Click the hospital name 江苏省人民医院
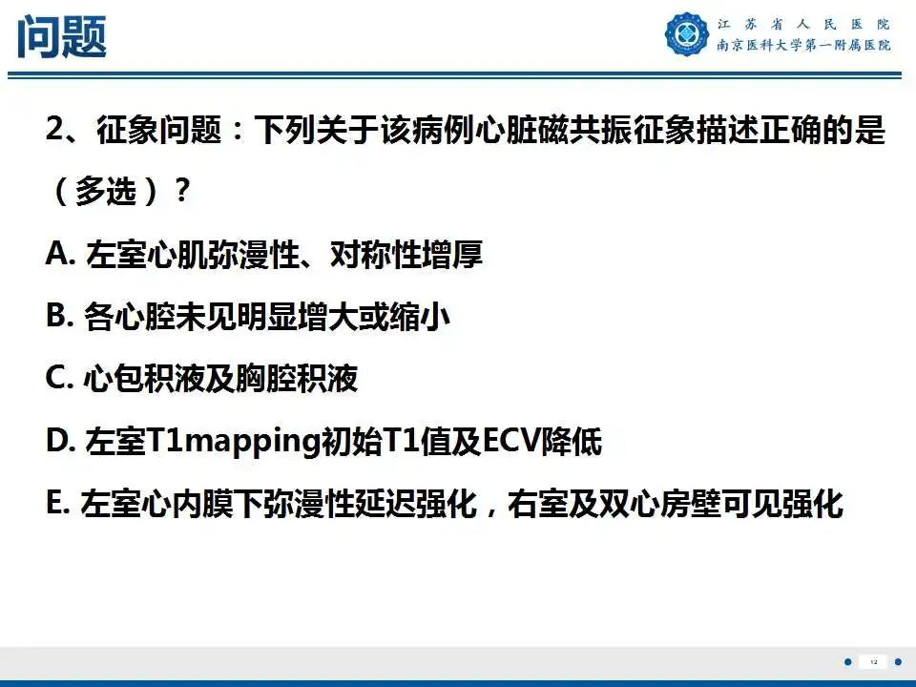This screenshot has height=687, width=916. click(802, 24)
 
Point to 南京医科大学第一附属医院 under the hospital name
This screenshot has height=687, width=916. click(802, 46)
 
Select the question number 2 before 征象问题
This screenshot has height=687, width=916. click(54, 130)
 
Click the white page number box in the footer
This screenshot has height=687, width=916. click(873, 661)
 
